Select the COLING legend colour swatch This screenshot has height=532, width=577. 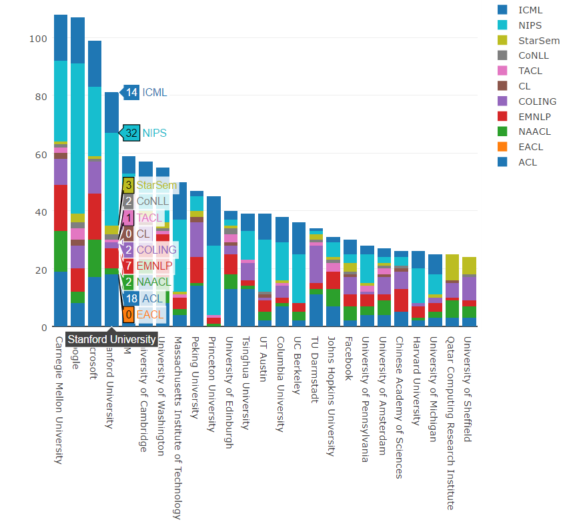pos(502,101)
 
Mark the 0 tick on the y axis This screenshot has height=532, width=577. pos(44,327)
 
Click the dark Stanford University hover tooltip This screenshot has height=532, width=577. pos(111,339)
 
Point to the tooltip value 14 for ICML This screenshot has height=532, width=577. pos(131,92)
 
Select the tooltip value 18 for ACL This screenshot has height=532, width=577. pos(131,298)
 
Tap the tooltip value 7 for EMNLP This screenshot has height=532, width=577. pos(128,266)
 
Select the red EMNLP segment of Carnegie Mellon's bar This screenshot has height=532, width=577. pos(61,208)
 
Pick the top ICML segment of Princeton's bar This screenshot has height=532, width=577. pos(213,220)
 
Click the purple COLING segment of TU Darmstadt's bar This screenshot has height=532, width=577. pos(316,264)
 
